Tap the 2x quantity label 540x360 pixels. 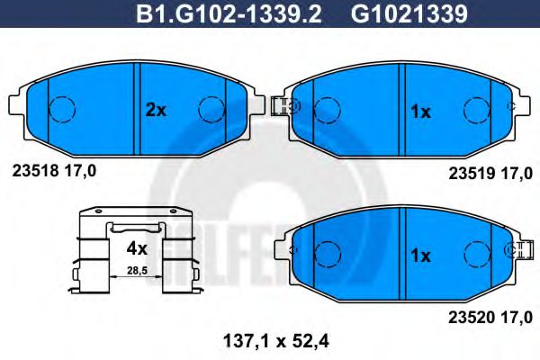pos(156,111)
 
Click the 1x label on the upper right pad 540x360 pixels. pos(420,112)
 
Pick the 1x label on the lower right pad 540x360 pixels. pos(420,256)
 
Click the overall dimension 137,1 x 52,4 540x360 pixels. pos(268,340)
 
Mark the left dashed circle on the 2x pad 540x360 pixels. pos(59,109)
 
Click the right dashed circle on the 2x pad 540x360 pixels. pos(210,109)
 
